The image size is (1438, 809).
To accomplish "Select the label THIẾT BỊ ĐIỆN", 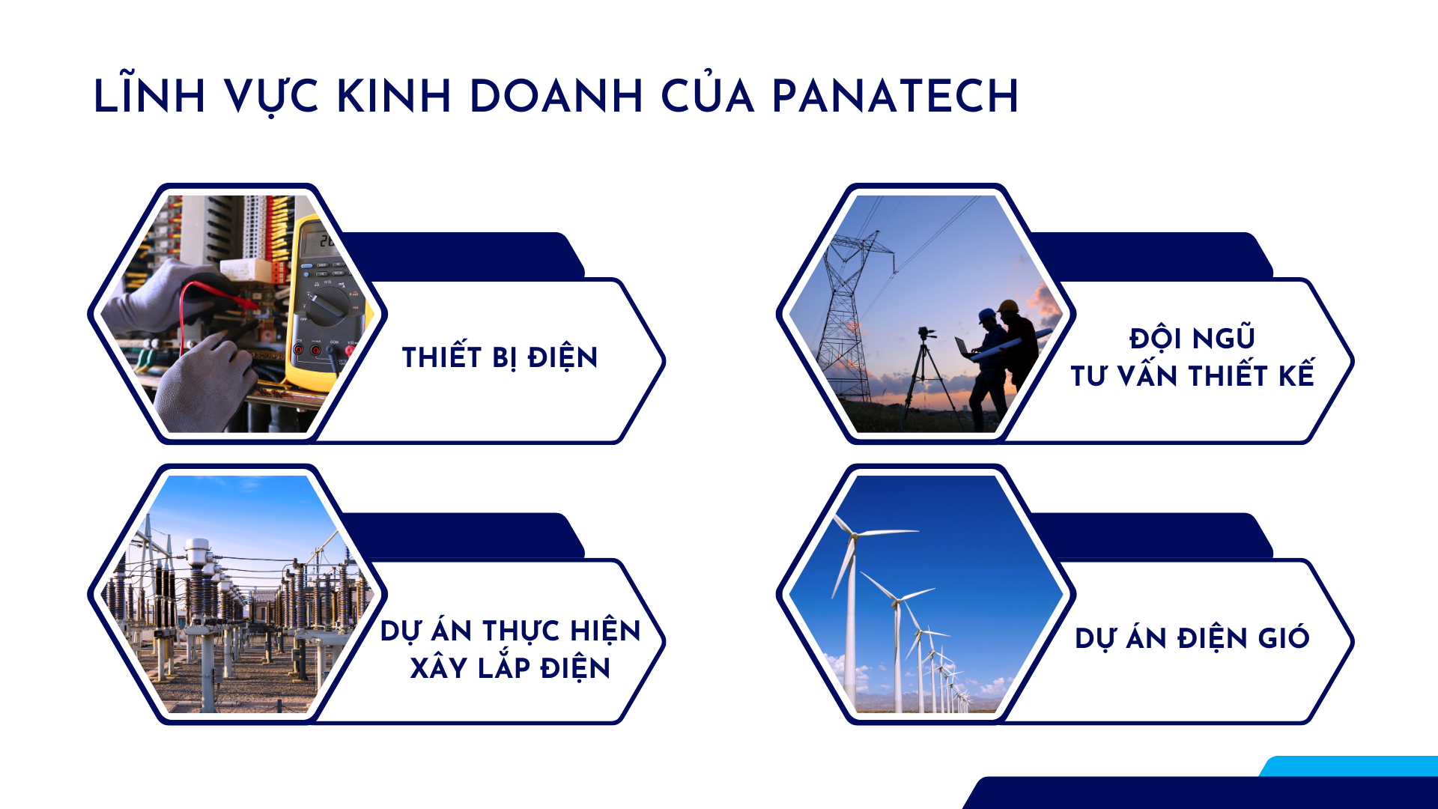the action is click(x=500, y=357).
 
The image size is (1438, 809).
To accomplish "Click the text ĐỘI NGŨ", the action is click(x=1192, y=338).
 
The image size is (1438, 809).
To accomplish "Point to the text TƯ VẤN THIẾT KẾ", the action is click(x=1192, y=375).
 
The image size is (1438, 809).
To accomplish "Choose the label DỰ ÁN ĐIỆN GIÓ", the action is click(x=1192, y=638).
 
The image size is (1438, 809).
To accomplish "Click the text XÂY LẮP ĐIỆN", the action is click(x=510, y=667).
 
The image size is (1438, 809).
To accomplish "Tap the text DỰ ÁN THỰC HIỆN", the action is click(x=510, y=631).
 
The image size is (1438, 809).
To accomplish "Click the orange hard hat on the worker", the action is click(x=1008, y=306).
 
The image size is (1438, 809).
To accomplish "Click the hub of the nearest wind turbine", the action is click(x=853, y=534).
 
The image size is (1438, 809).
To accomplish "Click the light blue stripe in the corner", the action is click(x=1349, y=766).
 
